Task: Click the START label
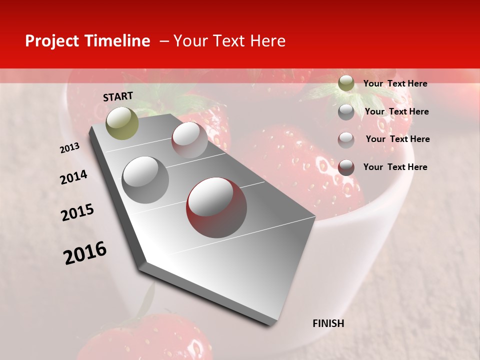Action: point(118,96)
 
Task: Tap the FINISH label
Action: point(328,323)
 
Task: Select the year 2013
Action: point(69,148)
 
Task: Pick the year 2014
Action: point(73,177)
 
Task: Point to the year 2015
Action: point(77,212)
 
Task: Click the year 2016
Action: point(85,253)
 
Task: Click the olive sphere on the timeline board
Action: point(122,123)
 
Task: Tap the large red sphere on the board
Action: point(216,207)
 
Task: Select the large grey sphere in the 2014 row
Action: point(145,179)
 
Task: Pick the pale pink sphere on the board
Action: point(189,139)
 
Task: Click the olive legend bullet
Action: point(346,83)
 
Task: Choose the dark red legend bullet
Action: point(346,167)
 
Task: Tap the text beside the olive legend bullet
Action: point(395,83)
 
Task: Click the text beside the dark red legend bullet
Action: point(395,167)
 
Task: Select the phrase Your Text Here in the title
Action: point(229,41)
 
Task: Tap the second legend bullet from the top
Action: point(346,111)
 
